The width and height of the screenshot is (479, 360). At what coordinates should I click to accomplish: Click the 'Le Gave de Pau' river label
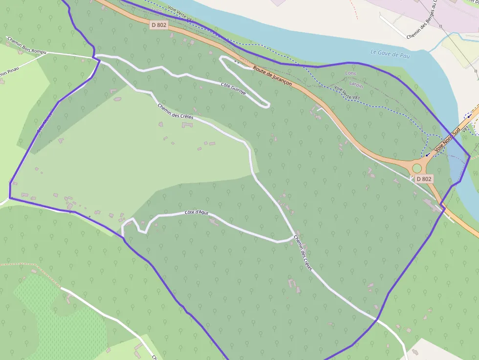(390, 53)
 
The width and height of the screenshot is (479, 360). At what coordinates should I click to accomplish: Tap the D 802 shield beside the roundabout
(424, 179)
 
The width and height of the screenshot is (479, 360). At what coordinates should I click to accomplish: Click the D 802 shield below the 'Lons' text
(159, 24)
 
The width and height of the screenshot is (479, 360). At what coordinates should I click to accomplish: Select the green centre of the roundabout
(416, 169)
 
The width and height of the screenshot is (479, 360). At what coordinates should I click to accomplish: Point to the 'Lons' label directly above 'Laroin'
(351, 73)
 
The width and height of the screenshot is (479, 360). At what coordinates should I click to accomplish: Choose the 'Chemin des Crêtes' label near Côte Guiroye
(175, 111)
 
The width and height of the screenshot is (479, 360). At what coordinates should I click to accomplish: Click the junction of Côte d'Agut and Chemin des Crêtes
(294, 237)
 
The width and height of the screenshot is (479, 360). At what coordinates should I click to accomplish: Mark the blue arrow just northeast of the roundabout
(428, 154)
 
